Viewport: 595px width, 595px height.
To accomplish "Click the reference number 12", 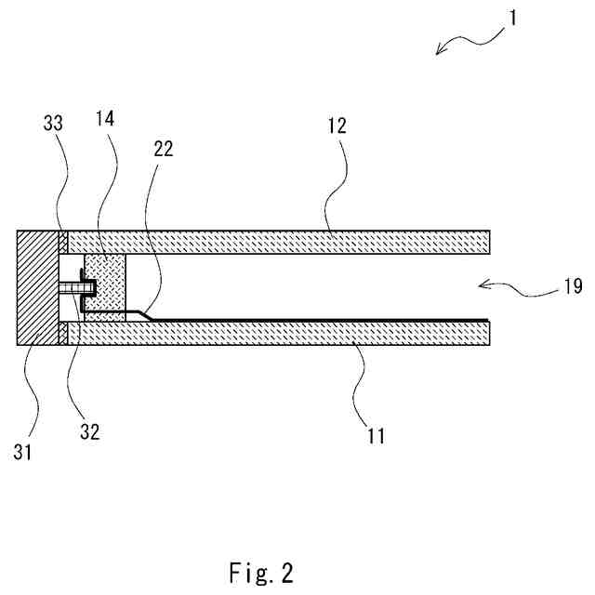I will (337, 126).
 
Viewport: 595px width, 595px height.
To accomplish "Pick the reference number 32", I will (90, 430).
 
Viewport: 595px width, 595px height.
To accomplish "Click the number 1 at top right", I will (511, 15).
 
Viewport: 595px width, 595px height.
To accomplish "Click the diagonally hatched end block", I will (38, 287).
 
